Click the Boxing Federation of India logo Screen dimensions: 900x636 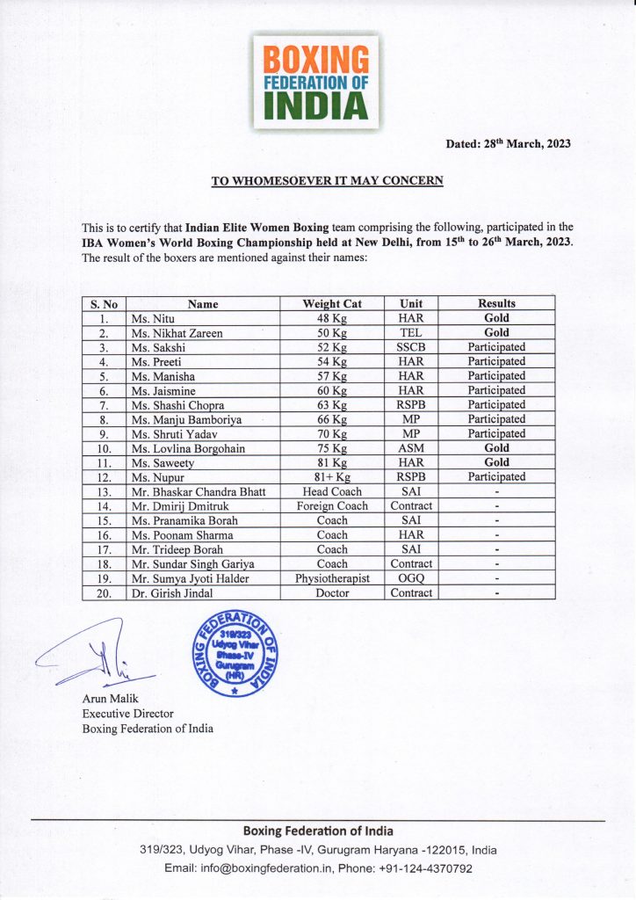click(x=318, y=81)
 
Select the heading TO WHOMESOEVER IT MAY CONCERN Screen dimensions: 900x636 click(x=327, y=181)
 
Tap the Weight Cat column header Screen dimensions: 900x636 click(x=332, y=303)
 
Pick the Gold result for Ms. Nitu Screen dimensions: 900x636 click(x=496, y=318)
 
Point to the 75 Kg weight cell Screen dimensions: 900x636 click(x=332, y=448)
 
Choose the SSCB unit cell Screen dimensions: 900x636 click(x=411, y=347)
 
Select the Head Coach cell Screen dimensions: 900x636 click(x=332, y=491)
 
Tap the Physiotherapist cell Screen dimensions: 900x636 click(x=332, y=578)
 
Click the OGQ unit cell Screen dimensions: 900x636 click(x=411, y=578)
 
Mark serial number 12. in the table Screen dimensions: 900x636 click(x=105, y=477)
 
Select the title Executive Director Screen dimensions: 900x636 click(x=127, y=714)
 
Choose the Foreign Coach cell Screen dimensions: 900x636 click(x=332, y=506)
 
